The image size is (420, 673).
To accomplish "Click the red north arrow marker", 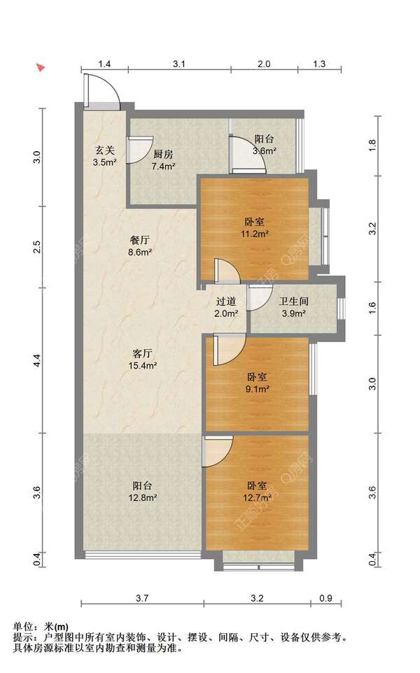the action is click(41, 67).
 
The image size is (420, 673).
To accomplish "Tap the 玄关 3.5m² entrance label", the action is click(105, 156).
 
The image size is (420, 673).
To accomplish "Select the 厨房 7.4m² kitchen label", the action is click(163, 160).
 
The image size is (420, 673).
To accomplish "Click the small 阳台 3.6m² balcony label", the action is click(264, 145).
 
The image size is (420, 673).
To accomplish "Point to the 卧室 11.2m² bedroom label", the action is click(255, 228).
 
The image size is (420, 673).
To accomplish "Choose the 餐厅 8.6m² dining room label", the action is click(139, 246).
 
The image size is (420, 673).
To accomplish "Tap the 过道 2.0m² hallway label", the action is click(226, 307).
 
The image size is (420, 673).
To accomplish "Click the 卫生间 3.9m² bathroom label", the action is click(293, 307).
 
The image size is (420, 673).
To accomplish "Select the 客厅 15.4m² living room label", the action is click(141, 360).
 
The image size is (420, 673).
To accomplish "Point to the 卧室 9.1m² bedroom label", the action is click(257, 383).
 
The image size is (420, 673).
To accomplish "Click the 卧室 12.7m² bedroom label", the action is click(257, 492).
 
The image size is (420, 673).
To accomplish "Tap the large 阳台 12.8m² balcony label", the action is click(141, 492).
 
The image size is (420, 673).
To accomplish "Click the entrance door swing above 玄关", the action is click(101, 91).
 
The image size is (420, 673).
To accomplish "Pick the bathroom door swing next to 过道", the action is click(260, 297).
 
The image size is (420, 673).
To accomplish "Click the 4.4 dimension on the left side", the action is click(37, 360).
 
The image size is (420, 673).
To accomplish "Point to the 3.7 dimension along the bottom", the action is click(142, 598).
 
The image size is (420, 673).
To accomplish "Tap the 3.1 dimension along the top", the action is click(179, 64).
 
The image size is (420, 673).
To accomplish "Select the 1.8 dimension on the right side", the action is click(373, 145).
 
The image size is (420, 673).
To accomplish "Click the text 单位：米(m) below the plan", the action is click(41, 627).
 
